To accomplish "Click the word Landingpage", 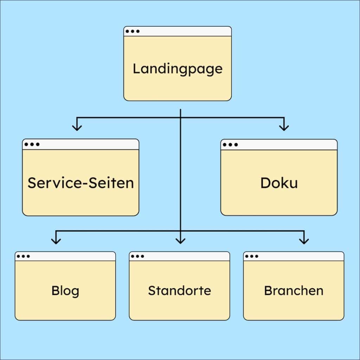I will pyautogui.click(x=178, y=69).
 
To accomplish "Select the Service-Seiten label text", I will pyautogui.click(x=81, y=183).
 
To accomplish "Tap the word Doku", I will pyautogui.click(x=279, y=183).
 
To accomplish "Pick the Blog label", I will pyautogui.click(x=65, y=291).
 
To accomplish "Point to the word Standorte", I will pyautogui.click(x=179, y=291).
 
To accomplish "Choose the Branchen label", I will pyautogui.click(x=294, y=291).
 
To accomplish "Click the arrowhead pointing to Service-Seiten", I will pyautogui.click(x=77, y=127).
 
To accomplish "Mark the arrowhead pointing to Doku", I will pyautogui.click(x=284, y=127).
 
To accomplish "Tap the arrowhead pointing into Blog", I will pyautogui.click(x=56, y=240).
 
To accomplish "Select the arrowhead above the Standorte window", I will pyautogui.click(x=180, y=240).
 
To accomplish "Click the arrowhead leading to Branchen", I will pyautogui.click(x=304, y=240).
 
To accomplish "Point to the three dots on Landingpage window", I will pyautogui.click(x=133, y=31).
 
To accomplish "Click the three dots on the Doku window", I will pyautogui.click(x=230, y=144).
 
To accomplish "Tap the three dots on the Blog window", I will pyautogui.click(x=24, y=256).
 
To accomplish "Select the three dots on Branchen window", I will pyautogui.click(x=252, y=256).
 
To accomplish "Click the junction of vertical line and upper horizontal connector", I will pyautogui.click(x=180, y=117).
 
